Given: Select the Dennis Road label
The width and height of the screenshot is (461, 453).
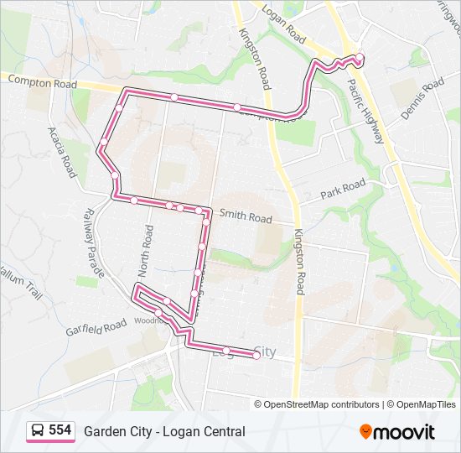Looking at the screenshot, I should pyautogui.click(x=421, y=99).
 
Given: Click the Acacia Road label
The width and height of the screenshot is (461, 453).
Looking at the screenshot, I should pyautogui.click(x=62, y=152).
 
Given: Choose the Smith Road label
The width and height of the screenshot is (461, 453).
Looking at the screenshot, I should pyautogui.click(x=246, y=216).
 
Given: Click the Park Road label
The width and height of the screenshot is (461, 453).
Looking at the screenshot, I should pyautogui.click(x=343, y=190).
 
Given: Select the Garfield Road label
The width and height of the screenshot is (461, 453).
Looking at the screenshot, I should pyautogui.click(x=96, y=327).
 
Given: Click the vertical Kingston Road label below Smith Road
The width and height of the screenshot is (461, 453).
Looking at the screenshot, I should pyautogui.click(x=298, y=261).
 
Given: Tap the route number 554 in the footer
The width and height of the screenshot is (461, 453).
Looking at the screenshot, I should pyautogui.click(x=60, y=430).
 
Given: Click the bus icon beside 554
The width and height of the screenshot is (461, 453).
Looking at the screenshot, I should pyautogui.click(x=38, y=431).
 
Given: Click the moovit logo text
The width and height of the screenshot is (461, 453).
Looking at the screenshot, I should pyautogui.click(x=405, y=432).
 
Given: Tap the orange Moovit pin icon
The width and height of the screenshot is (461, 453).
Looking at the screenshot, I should pyautogui.click(x=366, y=431).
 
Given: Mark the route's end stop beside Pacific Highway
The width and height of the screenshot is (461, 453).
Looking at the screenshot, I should pyautogui.click(x=360, y=58).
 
